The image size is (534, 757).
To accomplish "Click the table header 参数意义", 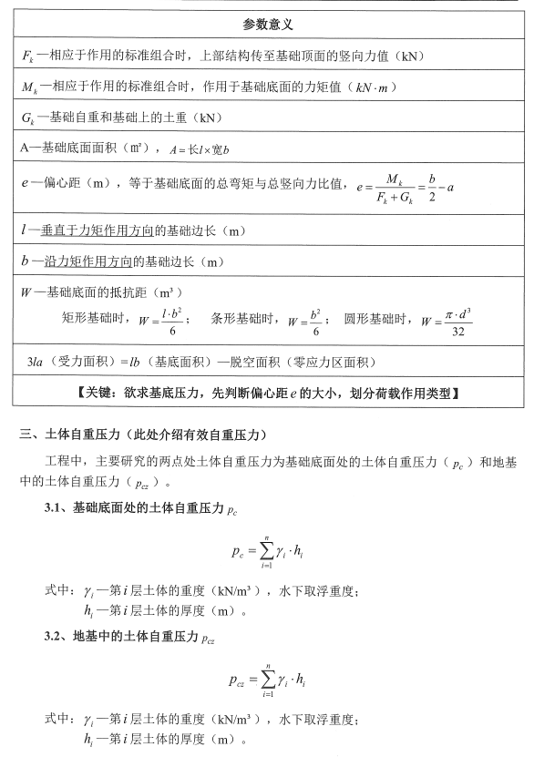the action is click(x=267, y=23).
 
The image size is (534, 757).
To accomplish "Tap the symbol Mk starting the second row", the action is click(x=26, y=87).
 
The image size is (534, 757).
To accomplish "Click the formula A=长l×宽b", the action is click(x=198, y=148).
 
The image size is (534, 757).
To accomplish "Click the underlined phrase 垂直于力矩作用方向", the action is click(x=84, y=232).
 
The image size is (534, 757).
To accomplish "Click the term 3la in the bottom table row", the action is click(x=36, y=362).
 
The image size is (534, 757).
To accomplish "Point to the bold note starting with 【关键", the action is click(x=267, y=394).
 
